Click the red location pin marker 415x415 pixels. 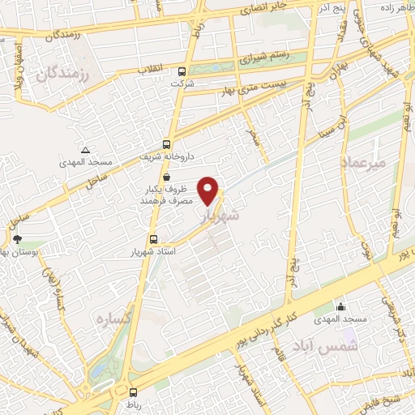209,190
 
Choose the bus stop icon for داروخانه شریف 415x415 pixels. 166,143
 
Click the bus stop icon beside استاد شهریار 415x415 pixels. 154,239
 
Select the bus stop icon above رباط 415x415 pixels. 133,393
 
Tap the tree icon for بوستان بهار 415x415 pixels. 17,239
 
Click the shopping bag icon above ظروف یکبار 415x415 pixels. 166,176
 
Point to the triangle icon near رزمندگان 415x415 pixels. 86,151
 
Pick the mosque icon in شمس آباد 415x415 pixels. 341,307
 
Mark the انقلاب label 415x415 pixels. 154,68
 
